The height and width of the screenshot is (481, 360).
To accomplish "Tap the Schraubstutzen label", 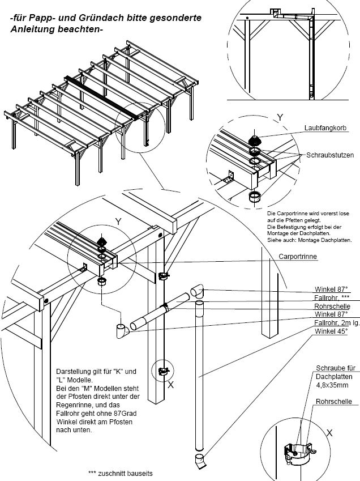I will pos(331,155).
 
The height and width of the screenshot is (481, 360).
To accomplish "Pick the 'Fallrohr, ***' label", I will pos(333,297).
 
